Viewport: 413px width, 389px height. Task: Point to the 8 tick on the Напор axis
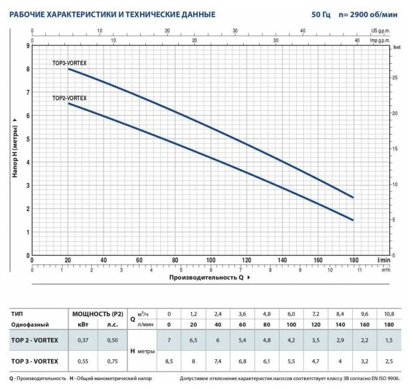pyautogui.click(x=27, y=69)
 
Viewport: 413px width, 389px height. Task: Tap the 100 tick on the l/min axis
pyautogui.click(x=210, y=260)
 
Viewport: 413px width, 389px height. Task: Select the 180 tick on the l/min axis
pyautogui.click(x=353, y=260)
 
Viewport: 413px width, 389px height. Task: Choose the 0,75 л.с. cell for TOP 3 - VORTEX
pyautogui.click(x=111, y=361)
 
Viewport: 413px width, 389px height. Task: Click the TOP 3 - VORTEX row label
pyautogui.click(x=35, y=361)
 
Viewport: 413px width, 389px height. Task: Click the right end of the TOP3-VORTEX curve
pyautogui.click(x=353, y=197)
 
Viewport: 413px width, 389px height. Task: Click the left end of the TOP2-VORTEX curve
pyautogui.click(x=68, y=104)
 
